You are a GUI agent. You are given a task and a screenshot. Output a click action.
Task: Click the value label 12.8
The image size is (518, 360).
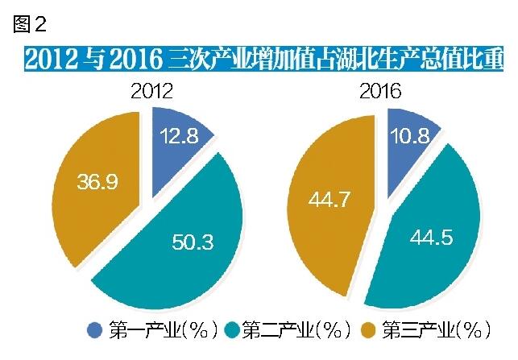coord(178,136)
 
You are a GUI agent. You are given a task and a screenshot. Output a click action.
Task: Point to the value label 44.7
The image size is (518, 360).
coord(329,198)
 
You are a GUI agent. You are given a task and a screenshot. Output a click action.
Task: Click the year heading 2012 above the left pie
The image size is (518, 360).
coord(151,91)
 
